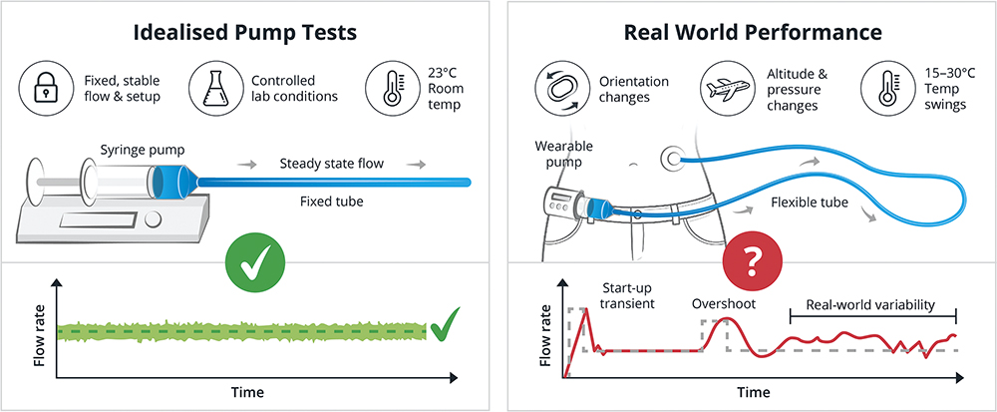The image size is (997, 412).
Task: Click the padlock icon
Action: (x=44, y=89)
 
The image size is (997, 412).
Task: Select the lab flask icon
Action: (x=213, y=89)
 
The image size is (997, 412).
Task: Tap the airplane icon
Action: (x=726, y=89)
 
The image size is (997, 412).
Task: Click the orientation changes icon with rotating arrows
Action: (x=559, y=89)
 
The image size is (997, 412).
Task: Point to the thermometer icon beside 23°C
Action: (x=391, y=89)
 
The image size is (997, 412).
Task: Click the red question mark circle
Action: (x=753, y=260)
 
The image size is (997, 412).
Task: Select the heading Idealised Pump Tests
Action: (x=245, y=33)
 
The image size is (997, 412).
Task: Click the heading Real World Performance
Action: (x=753, y=33)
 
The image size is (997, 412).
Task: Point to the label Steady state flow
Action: (x=332, y=164)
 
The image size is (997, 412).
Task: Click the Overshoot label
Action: (x=724, y=304)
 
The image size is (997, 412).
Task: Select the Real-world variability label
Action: (x=870, y=304)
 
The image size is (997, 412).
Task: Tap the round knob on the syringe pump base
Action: (x=153, y=220)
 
